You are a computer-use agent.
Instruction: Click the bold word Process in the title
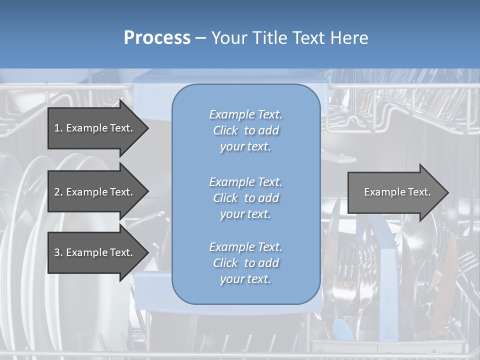click(157, 38)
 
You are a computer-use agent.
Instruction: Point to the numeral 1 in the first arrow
click(57, 128)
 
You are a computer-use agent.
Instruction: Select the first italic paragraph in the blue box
click(246, 130)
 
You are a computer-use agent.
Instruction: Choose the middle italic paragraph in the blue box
click(246, 198)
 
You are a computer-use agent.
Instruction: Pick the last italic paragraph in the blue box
click(246, 263)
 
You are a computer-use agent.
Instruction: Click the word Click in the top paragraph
click(225, 130)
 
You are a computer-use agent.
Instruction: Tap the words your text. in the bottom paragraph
click(245, 279)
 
